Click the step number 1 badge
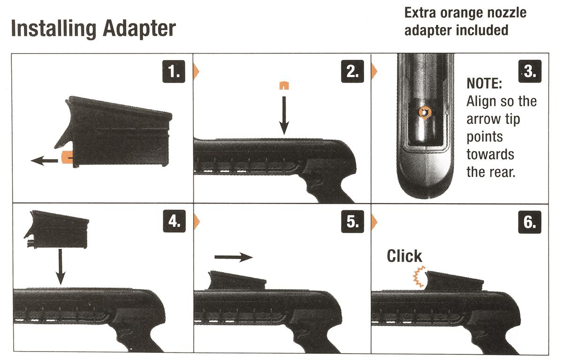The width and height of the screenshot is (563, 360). [174, 71]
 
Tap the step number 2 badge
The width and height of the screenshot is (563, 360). [352, 71]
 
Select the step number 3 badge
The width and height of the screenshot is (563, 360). [530, 71]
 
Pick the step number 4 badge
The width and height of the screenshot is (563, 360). [174, 221]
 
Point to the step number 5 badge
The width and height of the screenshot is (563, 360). [352, 222]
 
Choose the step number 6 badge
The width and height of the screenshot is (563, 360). [530, 222]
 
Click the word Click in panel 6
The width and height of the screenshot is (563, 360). [404, 256]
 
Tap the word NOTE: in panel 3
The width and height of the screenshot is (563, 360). [484, 84]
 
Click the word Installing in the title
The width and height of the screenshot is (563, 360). [54, 29]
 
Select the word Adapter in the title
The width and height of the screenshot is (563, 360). [139, 30]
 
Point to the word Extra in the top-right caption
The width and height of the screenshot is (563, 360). [420, 13]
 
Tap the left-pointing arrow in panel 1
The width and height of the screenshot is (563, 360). [44, 161]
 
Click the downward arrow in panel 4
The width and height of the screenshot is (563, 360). [61, 267]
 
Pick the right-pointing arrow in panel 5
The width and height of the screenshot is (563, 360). [234, 257]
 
